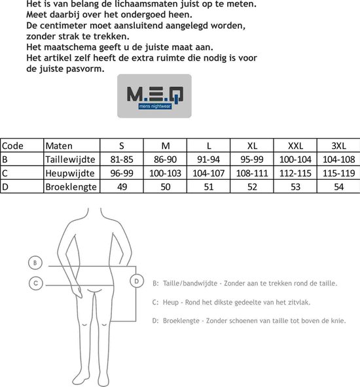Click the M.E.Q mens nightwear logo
(x=154, y=95)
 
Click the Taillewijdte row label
(x=70, y=160)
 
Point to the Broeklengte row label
(x=71, y=187)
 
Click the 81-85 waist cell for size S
(x=121, y=160)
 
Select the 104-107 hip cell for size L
(x=208, y=173)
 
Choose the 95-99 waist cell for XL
(x=251, y=160)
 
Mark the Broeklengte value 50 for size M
(x=165, y=187)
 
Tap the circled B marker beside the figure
(x=36, y=263)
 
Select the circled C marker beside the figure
(x=36, y=283)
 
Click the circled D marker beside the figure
(x=136, y=281)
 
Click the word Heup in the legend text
(x=172, y=303)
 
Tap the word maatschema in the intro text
(x=68, y=48)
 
